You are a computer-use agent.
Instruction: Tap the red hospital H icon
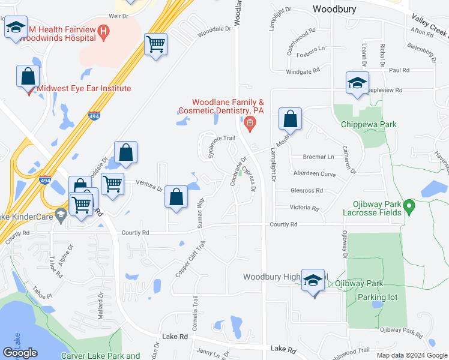point(103,31)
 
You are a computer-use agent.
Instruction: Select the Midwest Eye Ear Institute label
point(84,88)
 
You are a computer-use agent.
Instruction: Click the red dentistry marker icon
point(250,124)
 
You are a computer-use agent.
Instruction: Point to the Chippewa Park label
point(369,124)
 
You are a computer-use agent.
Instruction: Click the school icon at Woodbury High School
point(313,281)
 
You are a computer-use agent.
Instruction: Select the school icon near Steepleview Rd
point(357,83)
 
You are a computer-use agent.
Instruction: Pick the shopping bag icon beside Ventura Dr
point(176,197)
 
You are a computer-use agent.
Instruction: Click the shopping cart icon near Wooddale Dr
point(155,44)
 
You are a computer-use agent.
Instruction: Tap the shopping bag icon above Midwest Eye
point(28,77)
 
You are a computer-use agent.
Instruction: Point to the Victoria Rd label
point(304,208)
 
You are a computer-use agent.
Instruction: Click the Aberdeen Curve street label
point(314,173)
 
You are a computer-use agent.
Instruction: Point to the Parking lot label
point(376,297)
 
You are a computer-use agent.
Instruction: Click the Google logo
point(20,353)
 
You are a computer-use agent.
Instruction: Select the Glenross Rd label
point(307,191)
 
